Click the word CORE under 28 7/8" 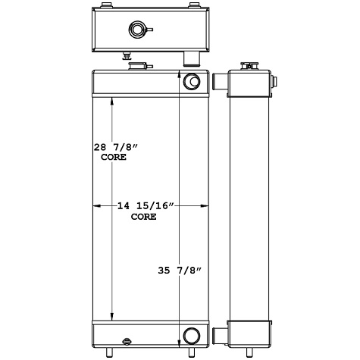113,159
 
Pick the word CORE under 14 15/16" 144,217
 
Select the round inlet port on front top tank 191,82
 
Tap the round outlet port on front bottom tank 191,334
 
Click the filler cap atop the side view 248,66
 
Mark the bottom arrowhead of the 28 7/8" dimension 112,318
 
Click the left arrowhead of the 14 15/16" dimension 96,206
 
